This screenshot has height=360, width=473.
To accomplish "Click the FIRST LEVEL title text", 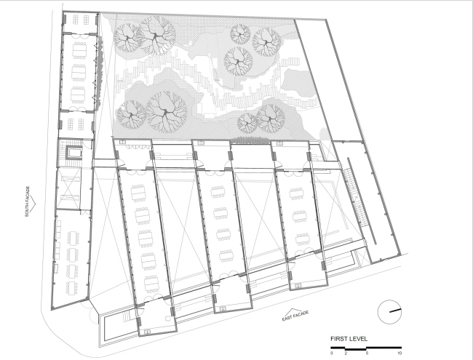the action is (x=349, y=339).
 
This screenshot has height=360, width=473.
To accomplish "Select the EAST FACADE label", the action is (x=295, y=316).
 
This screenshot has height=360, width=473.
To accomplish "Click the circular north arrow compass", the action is (x=390, y=312).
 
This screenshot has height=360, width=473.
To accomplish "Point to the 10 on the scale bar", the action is (x=400, y=353).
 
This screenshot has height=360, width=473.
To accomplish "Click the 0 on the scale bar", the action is (x=332, y=353).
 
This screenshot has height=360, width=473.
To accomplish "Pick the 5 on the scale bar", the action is (x=367, y=353).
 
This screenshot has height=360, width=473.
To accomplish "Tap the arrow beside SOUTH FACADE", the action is (x=33, y=204).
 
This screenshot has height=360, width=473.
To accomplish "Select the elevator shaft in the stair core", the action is (x=74, y=152).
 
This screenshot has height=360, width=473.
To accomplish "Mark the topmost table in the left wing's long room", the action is (x=79, y=49).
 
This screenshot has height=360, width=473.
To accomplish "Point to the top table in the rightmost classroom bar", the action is (x=296, y=193).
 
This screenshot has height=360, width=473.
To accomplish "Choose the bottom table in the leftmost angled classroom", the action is (x=151, y=284).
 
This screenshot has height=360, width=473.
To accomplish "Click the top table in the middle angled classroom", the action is (x=218, y=192).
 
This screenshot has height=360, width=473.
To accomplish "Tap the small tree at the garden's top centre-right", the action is (x=240, y=33).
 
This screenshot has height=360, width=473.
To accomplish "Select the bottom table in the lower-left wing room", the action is (x=72, y=289).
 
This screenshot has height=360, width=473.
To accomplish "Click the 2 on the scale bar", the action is (x=346, y=353).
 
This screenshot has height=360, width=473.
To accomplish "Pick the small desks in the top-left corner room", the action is (x=81, y=20).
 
